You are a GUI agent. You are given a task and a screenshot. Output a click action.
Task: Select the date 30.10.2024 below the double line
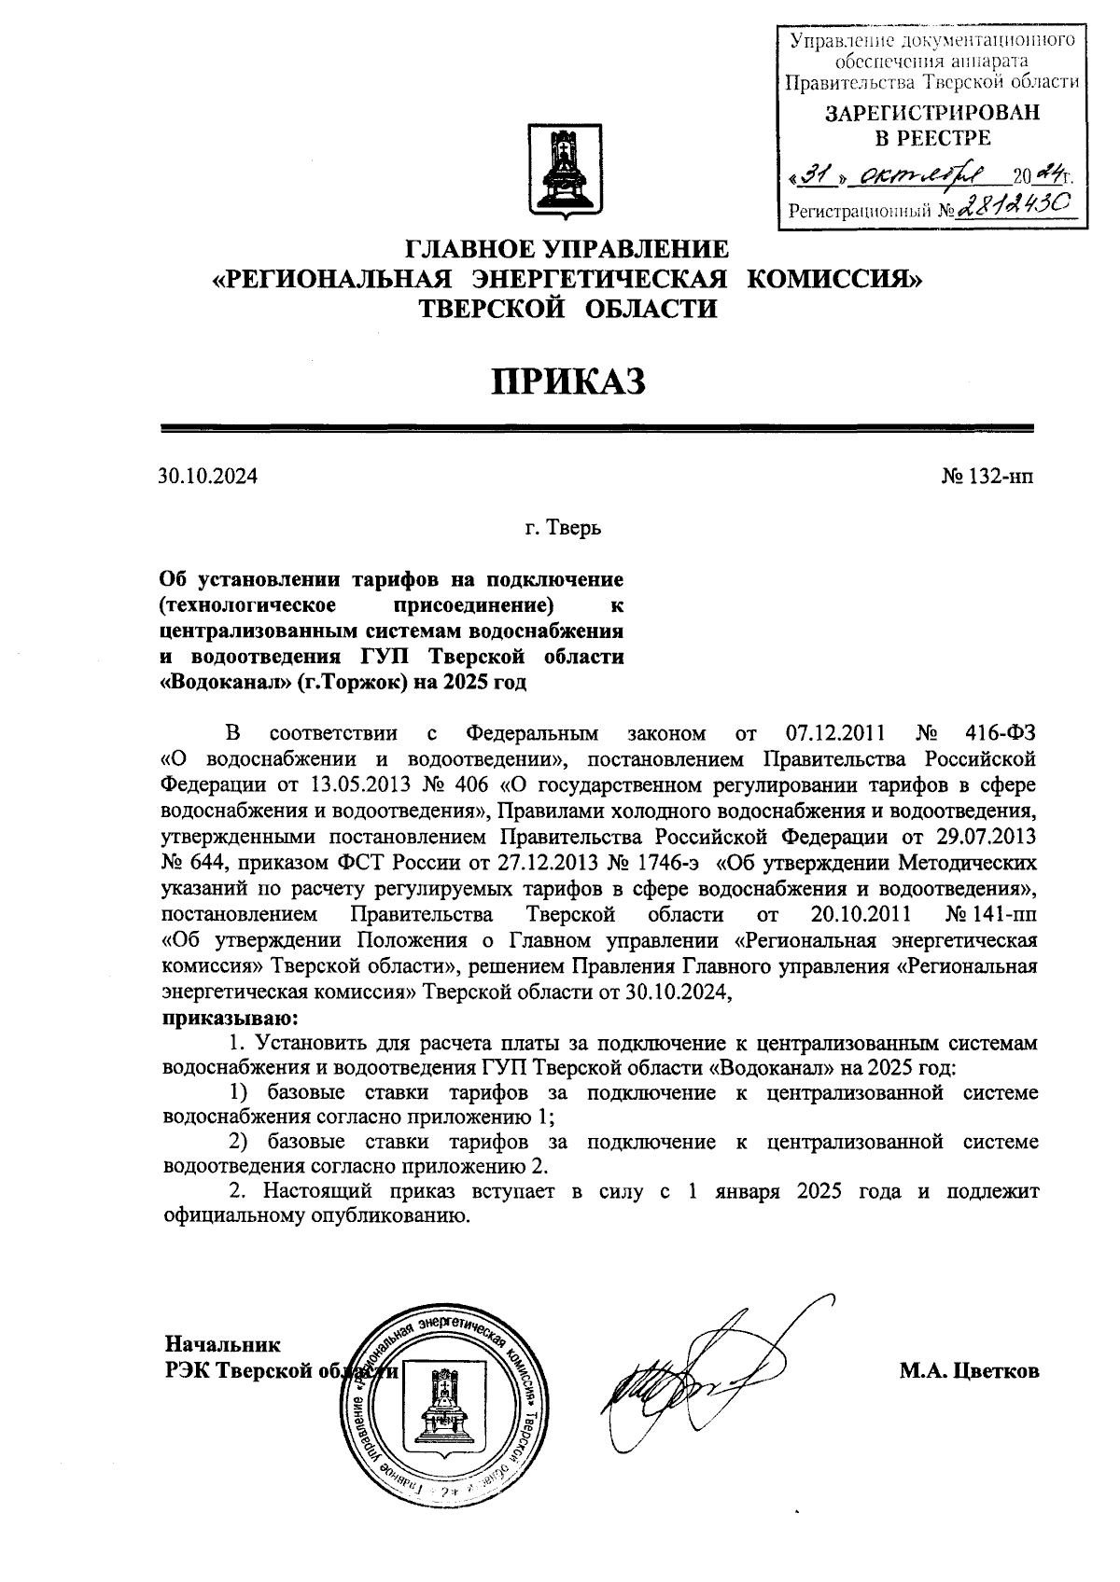pos(207,477)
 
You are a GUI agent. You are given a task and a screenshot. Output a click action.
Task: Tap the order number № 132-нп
pos(987,477)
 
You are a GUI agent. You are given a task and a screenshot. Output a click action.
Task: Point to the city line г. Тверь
pos(563,530)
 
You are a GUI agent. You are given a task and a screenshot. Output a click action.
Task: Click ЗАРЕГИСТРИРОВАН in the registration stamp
pos(931,113)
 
